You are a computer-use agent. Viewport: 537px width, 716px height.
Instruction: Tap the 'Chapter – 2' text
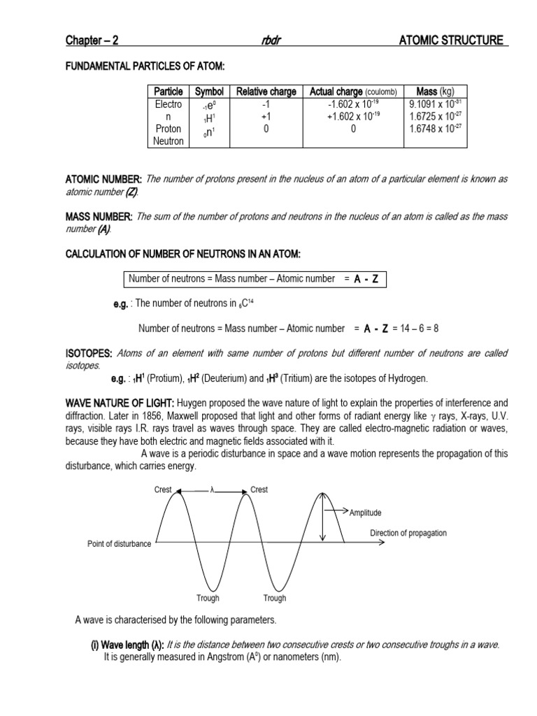coord(92,41)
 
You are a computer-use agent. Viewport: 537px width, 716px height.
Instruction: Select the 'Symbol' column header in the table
coord(209,92)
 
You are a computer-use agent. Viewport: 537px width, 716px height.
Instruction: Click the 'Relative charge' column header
coord(266,92)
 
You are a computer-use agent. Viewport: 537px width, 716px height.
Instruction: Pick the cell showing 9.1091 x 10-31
coord(436,104)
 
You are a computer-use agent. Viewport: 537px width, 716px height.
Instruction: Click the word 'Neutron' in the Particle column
coord(169,141)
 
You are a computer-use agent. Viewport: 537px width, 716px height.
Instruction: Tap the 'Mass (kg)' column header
coord(435,92)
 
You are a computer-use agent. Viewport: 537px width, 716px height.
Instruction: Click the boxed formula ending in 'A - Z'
coord(252,279)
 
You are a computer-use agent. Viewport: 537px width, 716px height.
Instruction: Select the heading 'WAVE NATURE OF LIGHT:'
coord(120,403)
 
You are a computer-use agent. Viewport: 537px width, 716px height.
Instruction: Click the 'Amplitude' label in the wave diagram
coord(368,513)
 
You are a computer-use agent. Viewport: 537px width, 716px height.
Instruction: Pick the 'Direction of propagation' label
coord(408,533)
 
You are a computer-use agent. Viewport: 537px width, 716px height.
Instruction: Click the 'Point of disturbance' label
coord(119,544)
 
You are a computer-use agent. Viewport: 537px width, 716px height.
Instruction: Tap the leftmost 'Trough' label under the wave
coord(208,598)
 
